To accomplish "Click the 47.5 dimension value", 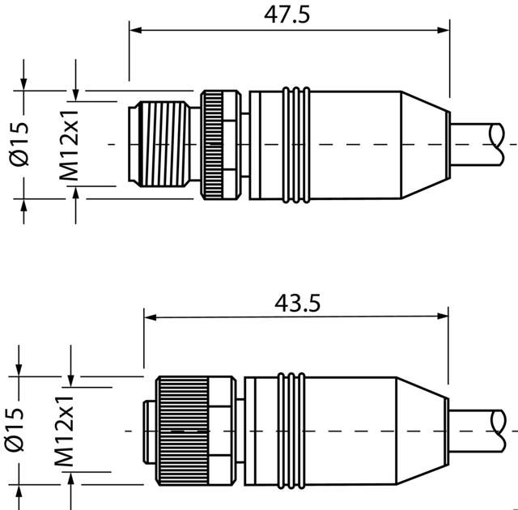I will point(289,14).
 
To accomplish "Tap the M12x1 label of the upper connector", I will point(69,143).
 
